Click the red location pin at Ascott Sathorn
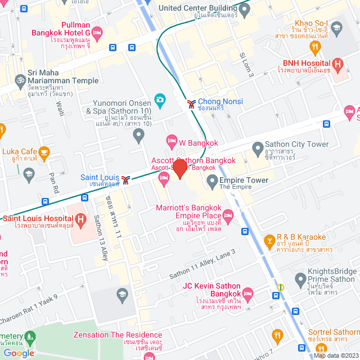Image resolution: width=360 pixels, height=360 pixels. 179,168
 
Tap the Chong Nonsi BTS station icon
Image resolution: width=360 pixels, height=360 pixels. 192,103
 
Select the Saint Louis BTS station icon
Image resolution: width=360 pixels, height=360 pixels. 128,180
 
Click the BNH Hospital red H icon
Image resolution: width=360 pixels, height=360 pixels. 337,64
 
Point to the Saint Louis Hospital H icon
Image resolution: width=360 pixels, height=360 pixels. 81,218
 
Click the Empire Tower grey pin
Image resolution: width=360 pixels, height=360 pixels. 212,181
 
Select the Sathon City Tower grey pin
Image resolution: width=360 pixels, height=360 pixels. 258,148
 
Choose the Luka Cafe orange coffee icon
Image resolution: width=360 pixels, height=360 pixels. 44,151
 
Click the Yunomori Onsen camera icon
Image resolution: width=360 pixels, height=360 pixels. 160,100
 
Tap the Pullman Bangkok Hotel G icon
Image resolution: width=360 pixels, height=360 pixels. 96,34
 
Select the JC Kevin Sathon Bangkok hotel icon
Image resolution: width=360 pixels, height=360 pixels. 246,292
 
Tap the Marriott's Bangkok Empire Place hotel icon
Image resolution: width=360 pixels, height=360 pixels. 228,215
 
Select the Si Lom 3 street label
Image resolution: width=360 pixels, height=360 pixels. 247,65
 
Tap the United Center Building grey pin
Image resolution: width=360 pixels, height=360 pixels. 242,11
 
